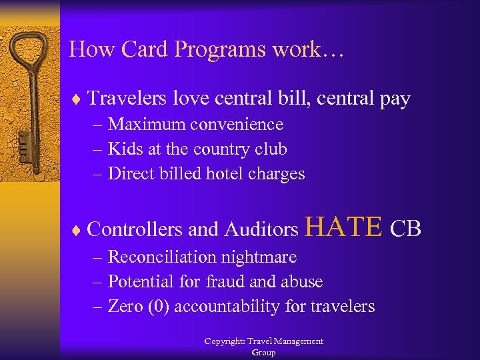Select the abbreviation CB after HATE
point(405,229)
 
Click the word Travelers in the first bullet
point(127,99)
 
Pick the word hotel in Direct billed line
point(224,174)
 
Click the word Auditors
point(261,229)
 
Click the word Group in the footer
point(263,353)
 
